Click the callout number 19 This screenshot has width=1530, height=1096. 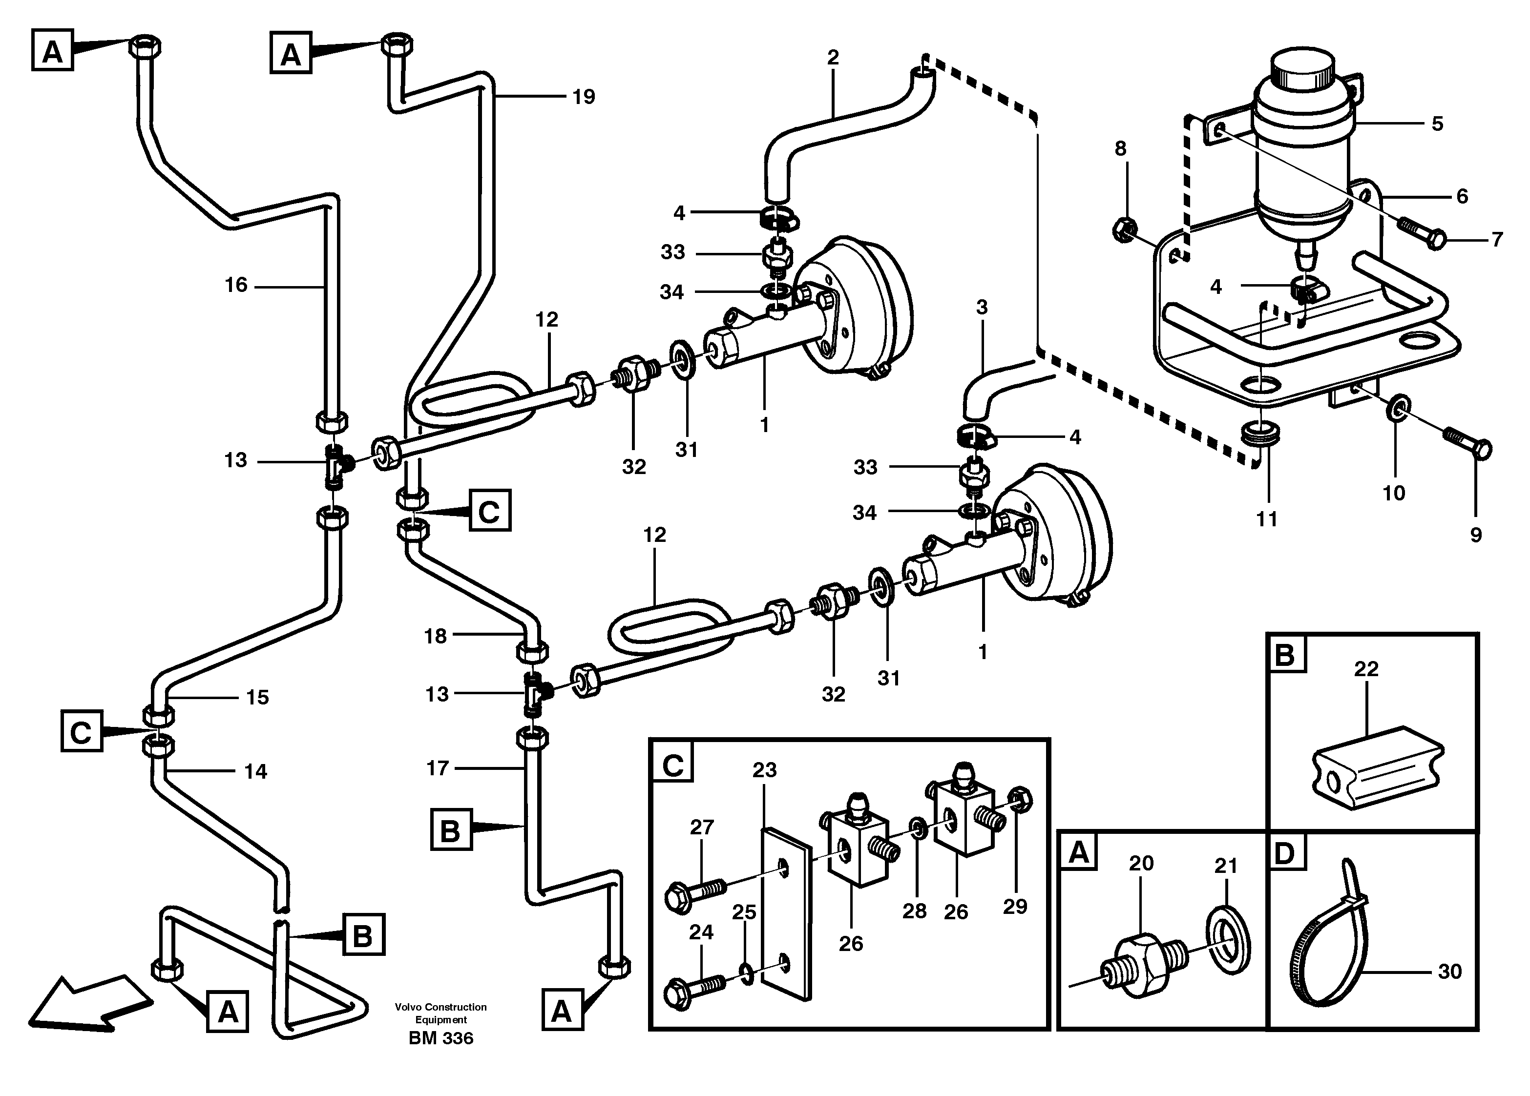[x=584, y=97]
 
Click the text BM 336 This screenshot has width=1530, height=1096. [x=440, y=1038]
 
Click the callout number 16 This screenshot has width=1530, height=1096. [x=236, y=285]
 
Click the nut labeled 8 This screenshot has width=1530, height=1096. [x=1123, y=230]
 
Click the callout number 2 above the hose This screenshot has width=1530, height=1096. [x=833, y=58]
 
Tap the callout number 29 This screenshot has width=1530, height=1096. [x=1015, y=907]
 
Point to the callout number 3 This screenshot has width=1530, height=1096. [x=982, y=308]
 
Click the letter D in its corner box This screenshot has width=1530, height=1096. [x=1286, y=853]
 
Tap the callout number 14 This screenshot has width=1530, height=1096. [x=256, y=771]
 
